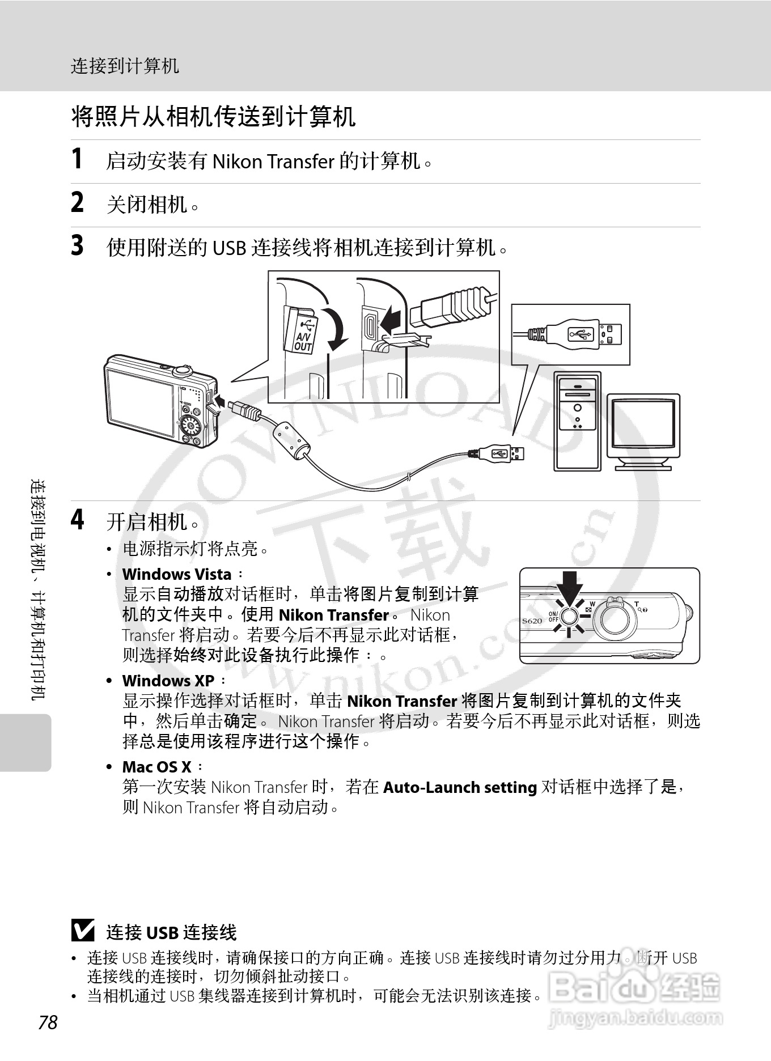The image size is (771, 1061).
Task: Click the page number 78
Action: coord(48,1022)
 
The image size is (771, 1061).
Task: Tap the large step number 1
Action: coord(77,159)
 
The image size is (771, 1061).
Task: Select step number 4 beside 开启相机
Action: coord(78,519)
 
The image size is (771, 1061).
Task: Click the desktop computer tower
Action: coord(577,421)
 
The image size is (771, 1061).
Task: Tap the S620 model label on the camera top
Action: coord(532,621)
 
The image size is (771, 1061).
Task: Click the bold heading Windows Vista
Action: coord(177,574)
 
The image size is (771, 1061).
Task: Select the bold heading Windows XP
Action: coord(168,681)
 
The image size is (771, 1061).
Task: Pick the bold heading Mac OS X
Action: coord(156,767)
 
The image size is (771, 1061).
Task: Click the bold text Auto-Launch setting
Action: coord(460,787)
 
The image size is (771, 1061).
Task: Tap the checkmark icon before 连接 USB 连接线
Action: coord(83,931)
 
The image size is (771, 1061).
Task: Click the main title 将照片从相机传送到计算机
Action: coord(213,117)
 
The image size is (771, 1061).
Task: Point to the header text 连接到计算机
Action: coord(125,66)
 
